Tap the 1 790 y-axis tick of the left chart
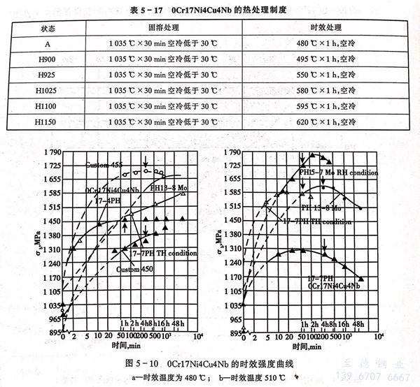tap(50, 152)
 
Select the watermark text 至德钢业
tap(369, 364)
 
